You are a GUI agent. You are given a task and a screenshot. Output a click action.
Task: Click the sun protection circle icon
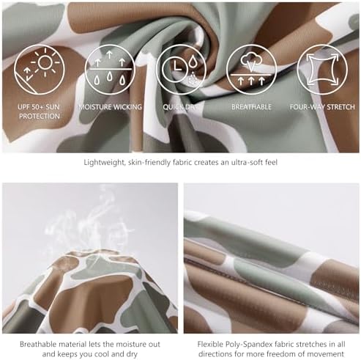coord(40,70)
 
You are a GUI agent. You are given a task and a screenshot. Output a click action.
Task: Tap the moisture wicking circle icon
coord(110,70)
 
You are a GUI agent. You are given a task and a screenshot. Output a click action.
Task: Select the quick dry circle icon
coord(181,70)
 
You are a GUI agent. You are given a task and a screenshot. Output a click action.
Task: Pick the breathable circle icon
coord(251,70)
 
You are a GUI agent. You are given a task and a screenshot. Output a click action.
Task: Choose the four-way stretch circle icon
coord(322,70)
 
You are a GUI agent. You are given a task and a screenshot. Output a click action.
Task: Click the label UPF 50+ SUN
coord(39,107)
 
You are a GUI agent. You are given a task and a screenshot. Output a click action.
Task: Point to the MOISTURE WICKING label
coord(111,107)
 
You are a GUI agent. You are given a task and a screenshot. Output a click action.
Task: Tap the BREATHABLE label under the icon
coord(251,107)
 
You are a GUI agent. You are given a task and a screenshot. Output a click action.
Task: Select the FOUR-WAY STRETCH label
coord(322,107)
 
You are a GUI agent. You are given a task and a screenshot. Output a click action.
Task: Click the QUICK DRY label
coord(180,107)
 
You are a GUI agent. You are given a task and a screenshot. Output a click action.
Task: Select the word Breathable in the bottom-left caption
coord(40,344)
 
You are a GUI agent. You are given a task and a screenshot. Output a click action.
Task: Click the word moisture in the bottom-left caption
coord(130,344)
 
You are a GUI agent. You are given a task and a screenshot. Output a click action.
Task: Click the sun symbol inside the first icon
coord(45,62)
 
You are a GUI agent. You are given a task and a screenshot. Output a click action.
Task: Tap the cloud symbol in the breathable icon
coord(251,60)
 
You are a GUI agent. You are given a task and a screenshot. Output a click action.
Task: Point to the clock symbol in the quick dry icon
coord(175,66)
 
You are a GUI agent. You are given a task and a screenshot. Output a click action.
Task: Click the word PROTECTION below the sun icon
coord(40,116)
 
